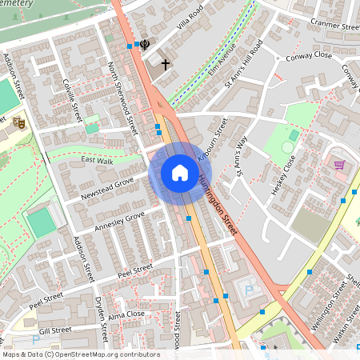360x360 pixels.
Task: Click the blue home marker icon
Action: pyautogui.click(x=179, y=173)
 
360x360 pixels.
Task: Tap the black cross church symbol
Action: pyautogui.click(x=166, y=63)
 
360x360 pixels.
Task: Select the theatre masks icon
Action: pyautogui.click(x=18, y=122)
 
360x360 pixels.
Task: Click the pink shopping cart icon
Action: pyautogui.click(x=339, y=165)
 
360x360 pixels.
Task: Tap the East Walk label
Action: pyautogui.click(x=97, y=161)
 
